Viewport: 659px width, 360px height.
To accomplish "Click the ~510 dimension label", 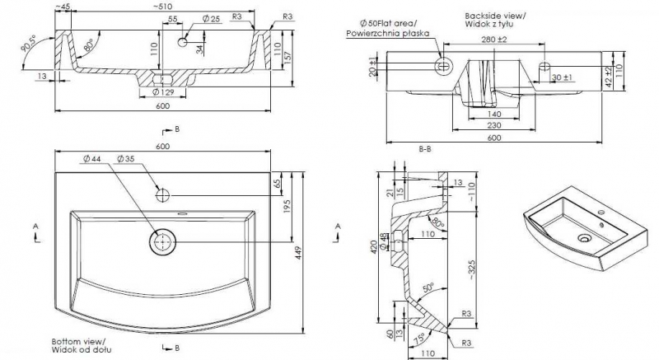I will [x=162, y=7].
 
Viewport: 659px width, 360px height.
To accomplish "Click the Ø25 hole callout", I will [x=209, y=18].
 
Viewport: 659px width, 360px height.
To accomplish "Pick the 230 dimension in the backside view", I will [x=493, y=124].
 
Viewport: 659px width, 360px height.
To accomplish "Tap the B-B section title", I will [x=426, y=149].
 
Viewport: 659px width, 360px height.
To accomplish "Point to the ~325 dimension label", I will [x=471, y=269].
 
